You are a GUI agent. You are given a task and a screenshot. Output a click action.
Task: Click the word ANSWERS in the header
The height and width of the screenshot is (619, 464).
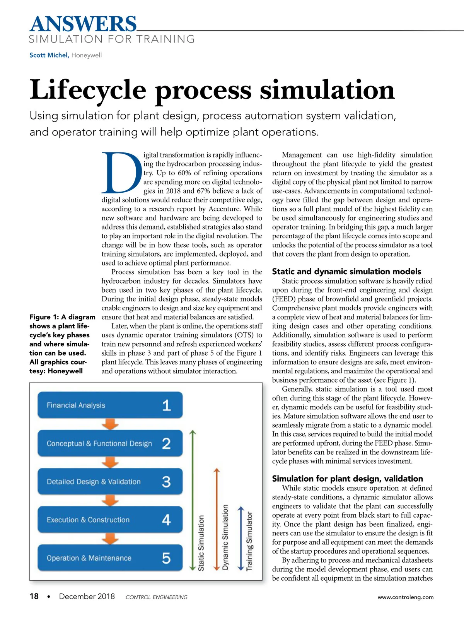[x=83, y=24]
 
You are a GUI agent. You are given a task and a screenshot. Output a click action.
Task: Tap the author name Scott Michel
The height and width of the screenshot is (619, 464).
[x=49, y=55]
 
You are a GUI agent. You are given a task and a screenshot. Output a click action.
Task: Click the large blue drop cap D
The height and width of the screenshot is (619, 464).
[x=121, y=173]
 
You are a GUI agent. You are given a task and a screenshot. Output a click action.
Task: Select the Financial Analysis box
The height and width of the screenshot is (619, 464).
[x=110, y=405]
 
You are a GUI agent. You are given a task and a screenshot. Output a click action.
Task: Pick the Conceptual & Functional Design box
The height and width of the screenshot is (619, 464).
[x=110, y=443]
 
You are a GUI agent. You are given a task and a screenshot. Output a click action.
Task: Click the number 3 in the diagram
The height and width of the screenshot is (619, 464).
[x=166, y=482]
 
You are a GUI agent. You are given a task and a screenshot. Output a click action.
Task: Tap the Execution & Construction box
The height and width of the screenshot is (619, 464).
[x=110, y=520]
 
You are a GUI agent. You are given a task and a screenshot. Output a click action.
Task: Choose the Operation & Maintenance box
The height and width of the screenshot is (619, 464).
[x=110, y=558]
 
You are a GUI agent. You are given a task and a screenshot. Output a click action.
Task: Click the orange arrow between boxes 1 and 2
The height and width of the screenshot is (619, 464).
[x=110, y=424]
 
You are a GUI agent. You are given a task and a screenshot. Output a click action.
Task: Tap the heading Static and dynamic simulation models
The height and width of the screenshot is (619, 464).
[x=346, y=272]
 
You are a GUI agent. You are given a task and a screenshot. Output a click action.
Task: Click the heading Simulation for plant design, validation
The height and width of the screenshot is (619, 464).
[x=347, y=479]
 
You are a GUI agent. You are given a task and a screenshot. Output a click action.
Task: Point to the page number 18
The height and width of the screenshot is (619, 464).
[x=34, y=597]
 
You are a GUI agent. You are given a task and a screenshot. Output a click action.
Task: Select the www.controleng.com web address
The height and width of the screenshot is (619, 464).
[x=405, y=597]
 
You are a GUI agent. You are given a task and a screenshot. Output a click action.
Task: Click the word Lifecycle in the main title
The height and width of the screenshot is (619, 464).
[x=88, y=90]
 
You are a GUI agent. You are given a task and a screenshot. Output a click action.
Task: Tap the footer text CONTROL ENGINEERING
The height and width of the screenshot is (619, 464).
[x=157, y=597]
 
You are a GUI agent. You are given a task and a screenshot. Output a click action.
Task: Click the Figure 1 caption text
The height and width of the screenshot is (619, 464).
[x=62, y=344]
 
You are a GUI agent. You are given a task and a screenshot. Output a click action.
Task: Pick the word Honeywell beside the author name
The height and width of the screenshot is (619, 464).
[x=87, y=55]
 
